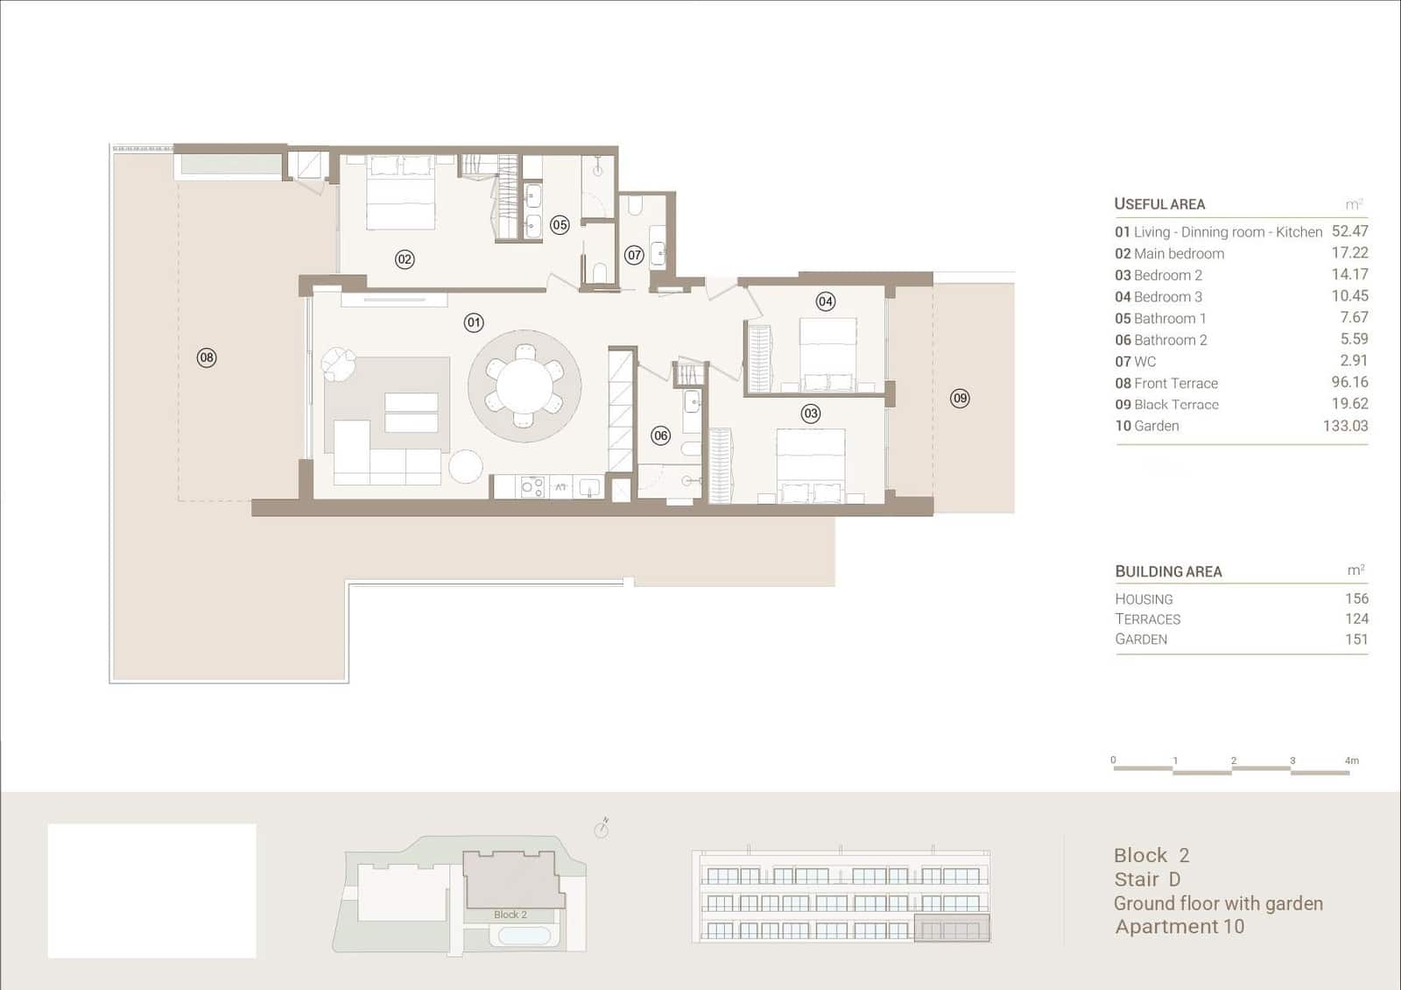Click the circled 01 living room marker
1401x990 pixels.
click(x=474, y=323)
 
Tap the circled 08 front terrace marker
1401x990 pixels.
click(x=207, y=358)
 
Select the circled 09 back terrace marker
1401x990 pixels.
click(x=960, y=398)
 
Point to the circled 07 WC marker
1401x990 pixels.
click(x=634, y=255)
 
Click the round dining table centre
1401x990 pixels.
click(x=524, y=385)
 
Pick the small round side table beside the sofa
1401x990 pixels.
click(x=465, y=466)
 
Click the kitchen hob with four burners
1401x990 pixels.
click(x=532, y=487)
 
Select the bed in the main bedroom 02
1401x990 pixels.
click(x=400, y=193)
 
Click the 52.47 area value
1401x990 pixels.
click(x=1349, y=231)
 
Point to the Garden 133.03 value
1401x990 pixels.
click(x=1345, y=426)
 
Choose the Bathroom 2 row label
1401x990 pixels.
click(x=1161, y=340)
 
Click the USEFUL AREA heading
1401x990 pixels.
click(x=1159, y=204)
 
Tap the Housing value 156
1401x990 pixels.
click(x=1356, y=598)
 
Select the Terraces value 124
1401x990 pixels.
click(x=1356, y=619)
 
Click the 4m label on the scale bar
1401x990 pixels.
click(x=1352, y=760)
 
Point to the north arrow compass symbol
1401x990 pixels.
click(x=602, y=828)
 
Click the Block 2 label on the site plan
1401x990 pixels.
click(x=510, y=915)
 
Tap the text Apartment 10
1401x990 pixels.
click(x=1179, y=926)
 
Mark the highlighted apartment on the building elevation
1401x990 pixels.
click(x=952, y=928)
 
